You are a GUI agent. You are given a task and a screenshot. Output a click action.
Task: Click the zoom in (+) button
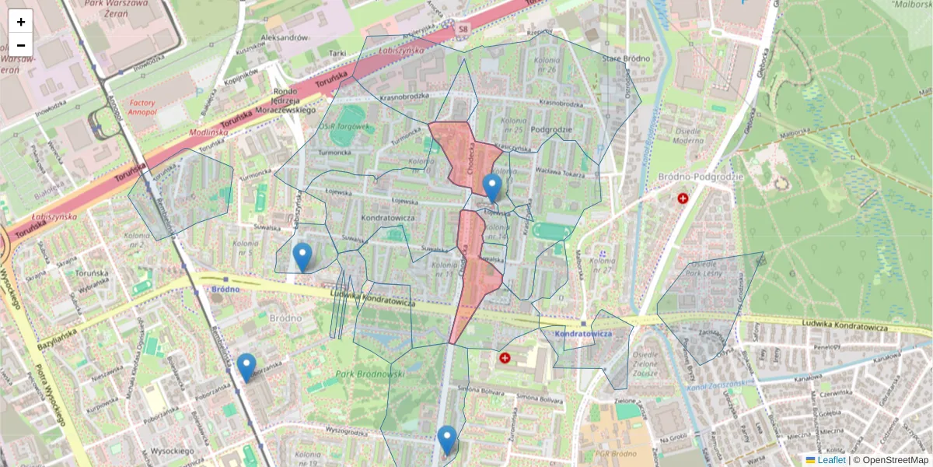point(21,22)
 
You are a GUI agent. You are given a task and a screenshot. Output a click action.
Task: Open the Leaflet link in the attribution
point(830,460)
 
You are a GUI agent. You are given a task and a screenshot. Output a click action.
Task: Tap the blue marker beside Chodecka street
point(491,187)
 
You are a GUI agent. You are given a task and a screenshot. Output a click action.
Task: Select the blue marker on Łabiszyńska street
point(302,256)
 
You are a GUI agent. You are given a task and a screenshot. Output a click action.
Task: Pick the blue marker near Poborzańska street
point(246,367)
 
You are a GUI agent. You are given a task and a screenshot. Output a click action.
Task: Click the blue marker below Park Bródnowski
point(446,439)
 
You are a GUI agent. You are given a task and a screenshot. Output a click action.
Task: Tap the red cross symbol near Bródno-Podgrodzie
point(683,199)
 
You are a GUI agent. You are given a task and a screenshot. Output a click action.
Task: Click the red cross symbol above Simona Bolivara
point(505,358)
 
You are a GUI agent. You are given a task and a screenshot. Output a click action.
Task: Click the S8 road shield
point(463,30)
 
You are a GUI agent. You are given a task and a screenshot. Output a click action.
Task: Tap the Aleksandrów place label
point(285,37)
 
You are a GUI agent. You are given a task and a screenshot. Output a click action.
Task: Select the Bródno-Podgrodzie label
point(701,177)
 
